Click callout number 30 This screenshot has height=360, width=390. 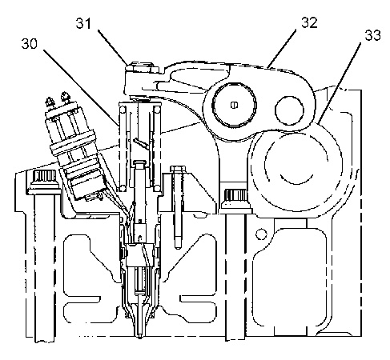point(30,44)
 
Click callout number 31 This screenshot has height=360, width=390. point(83,23)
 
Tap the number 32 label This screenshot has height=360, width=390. point(309,22)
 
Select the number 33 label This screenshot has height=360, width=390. point(372,35)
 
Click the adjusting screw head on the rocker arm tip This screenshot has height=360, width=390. point(143,66)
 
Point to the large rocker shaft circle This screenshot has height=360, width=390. point(234,105)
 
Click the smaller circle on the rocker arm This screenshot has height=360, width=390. point(290,110)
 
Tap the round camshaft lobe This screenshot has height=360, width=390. point(296,170)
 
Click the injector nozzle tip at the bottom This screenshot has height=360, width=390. point(140,334)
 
